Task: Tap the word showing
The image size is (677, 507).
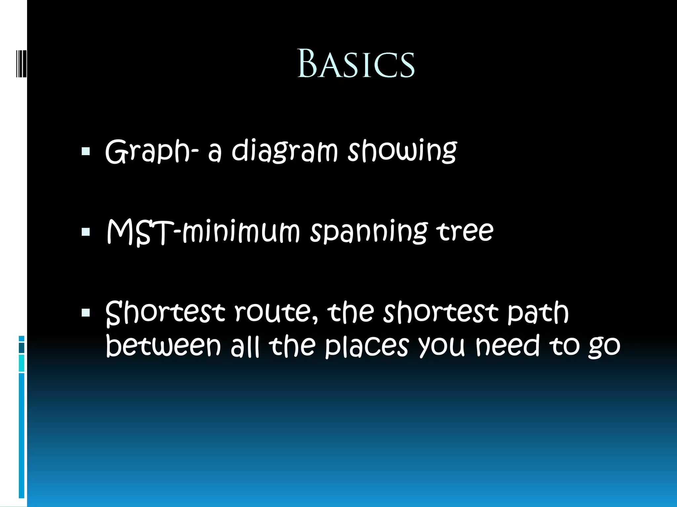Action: (x=402, y=151)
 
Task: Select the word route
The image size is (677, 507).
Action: (x=276, y=313)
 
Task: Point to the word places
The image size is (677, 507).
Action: (x=367, y=347)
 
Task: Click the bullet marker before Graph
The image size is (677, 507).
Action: (x=86, y=152)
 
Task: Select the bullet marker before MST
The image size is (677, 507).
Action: (x=86, y=232)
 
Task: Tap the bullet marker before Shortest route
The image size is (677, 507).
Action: (x=86, y=313)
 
